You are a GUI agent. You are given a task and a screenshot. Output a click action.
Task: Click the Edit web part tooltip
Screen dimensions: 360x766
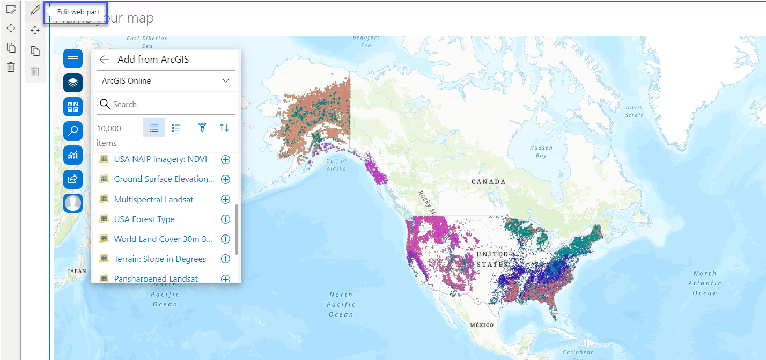tap(78, 12)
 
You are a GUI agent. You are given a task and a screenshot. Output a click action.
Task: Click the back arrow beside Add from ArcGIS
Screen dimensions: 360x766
tap(105, 60)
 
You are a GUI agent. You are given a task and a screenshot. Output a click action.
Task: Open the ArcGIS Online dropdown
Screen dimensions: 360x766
tap(166, 81)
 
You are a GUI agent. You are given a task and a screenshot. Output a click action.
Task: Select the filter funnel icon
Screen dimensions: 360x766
tap(202, 128)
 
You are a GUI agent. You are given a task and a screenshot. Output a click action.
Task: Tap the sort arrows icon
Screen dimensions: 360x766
tap(224, 128)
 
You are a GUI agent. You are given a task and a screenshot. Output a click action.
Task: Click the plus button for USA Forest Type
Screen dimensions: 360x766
tap(225, 219)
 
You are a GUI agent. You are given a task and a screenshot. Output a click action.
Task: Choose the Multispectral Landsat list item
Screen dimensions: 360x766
tap(153, 199)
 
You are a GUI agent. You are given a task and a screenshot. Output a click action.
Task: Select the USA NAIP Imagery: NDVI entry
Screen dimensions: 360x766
tap(160, 159)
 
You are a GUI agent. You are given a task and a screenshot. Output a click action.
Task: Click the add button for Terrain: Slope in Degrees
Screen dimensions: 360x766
tap(225, 259)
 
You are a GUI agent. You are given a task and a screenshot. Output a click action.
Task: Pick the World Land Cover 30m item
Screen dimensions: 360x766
tap(164, 239)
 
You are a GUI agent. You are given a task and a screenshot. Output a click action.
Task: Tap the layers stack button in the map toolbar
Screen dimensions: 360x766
tap(73, 83)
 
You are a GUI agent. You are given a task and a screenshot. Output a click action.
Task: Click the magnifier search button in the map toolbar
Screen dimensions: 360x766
tap(73, 130)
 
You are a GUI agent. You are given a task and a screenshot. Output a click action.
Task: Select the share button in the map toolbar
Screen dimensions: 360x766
tap(73, 179)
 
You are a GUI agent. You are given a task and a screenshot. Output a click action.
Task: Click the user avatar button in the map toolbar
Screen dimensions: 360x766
tap(73, 203)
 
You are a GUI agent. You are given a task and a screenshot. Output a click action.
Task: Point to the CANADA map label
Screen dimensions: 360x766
tap(488, 182)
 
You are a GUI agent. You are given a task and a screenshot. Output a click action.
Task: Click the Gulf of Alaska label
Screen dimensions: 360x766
tap(336, 165)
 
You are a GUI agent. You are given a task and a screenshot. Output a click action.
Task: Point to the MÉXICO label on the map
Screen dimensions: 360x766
tap(481, 325)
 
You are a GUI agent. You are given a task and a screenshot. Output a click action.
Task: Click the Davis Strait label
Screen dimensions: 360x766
tap(634, 112)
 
